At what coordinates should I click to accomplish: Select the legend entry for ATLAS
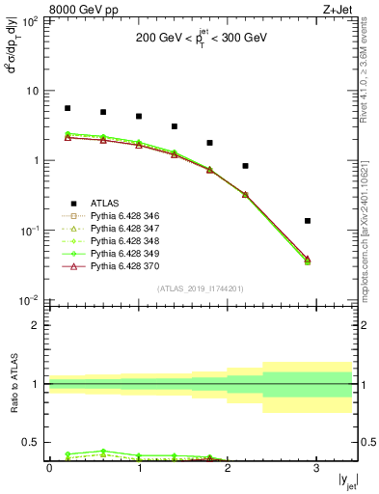105,203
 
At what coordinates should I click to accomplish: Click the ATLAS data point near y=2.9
308,221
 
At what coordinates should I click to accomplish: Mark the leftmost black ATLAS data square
68,108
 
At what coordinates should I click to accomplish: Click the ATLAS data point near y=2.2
245,166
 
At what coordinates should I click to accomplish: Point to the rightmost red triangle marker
308,259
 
